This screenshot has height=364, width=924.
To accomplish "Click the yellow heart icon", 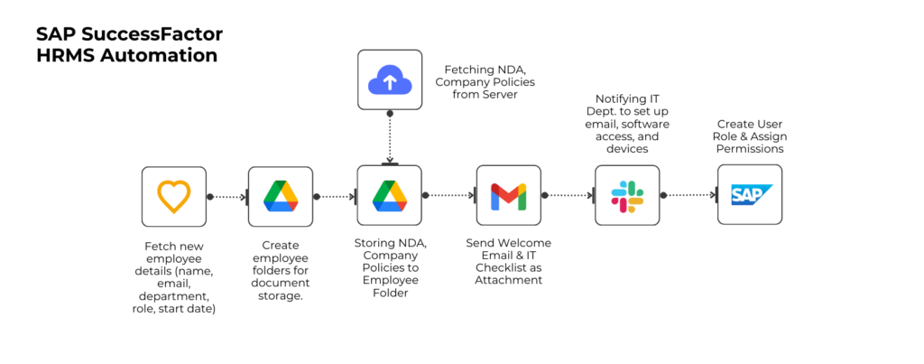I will click(174, 195).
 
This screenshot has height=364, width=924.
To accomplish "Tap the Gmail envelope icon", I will click(508, 195).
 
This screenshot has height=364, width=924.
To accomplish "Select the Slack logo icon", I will click(627, 195).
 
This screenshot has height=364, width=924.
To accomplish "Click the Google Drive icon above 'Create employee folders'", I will click(281, 195).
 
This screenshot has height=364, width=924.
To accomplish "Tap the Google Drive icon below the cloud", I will click(389, 195).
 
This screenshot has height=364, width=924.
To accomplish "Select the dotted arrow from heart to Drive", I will click(227, 196).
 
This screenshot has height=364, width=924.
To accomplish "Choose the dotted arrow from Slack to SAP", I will click(688, 195).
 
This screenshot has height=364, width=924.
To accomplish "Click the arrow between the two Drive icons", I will click(335, 196).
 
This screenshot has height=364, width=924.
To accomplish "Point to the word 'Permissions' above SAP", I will click(750, 149).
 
